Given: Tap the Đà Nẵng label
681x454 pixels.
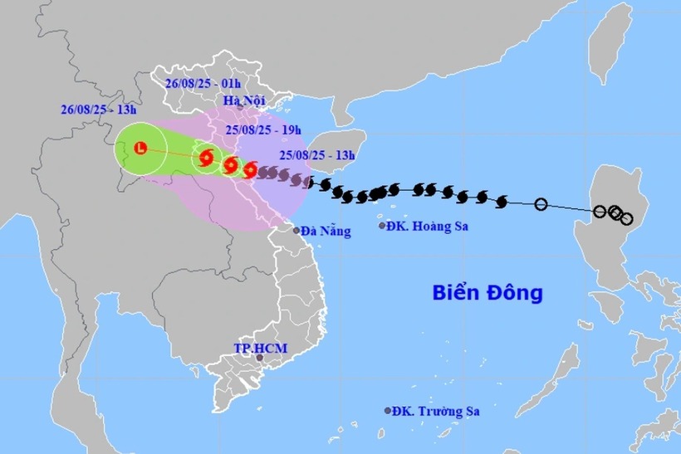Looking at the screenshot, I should pos(326,232).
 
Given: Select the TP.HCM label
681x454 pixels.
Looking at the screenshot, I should pos(261,348).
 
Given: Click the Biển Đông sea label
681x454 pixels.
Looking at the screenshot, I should pos(487,292).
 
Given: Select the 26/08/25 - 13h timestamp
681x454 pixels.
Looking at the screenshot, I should pos(97,109).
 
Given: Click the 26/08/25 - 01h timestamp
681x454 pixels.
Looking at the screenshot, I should pos(203,84).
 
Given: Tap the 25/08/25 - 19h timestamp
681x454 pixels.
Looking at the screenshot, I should pos(263,129).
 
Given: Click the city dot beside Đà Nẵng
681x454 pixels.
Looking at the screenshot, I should pos(296,231).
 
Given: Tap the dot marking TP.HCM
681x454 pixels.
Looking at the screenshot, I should pos(259,359).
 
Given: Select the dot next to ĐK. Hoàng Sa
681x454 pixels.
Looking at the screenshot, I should pos(382,226).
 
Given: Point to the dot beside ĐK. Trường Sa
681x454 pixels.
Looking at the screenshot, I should pos(388,410).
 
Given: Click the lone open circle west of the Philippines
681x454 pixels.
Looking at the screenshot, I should pos(541,204).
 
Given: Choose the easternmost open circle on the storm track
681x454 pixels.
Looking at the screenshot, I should pos(626,218).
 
